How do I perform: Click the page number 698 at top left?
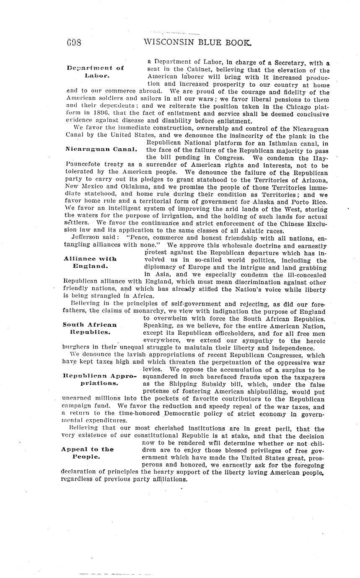click(x=74, y=43)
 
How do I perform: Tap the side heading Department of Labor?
click(x=96, y=72)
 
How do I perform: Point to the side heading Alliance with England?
click(x=90, y=262)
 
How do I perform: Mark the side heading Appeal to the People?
click(x=87, y=453)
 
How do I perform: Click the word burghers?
click(x=79, y=348)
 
